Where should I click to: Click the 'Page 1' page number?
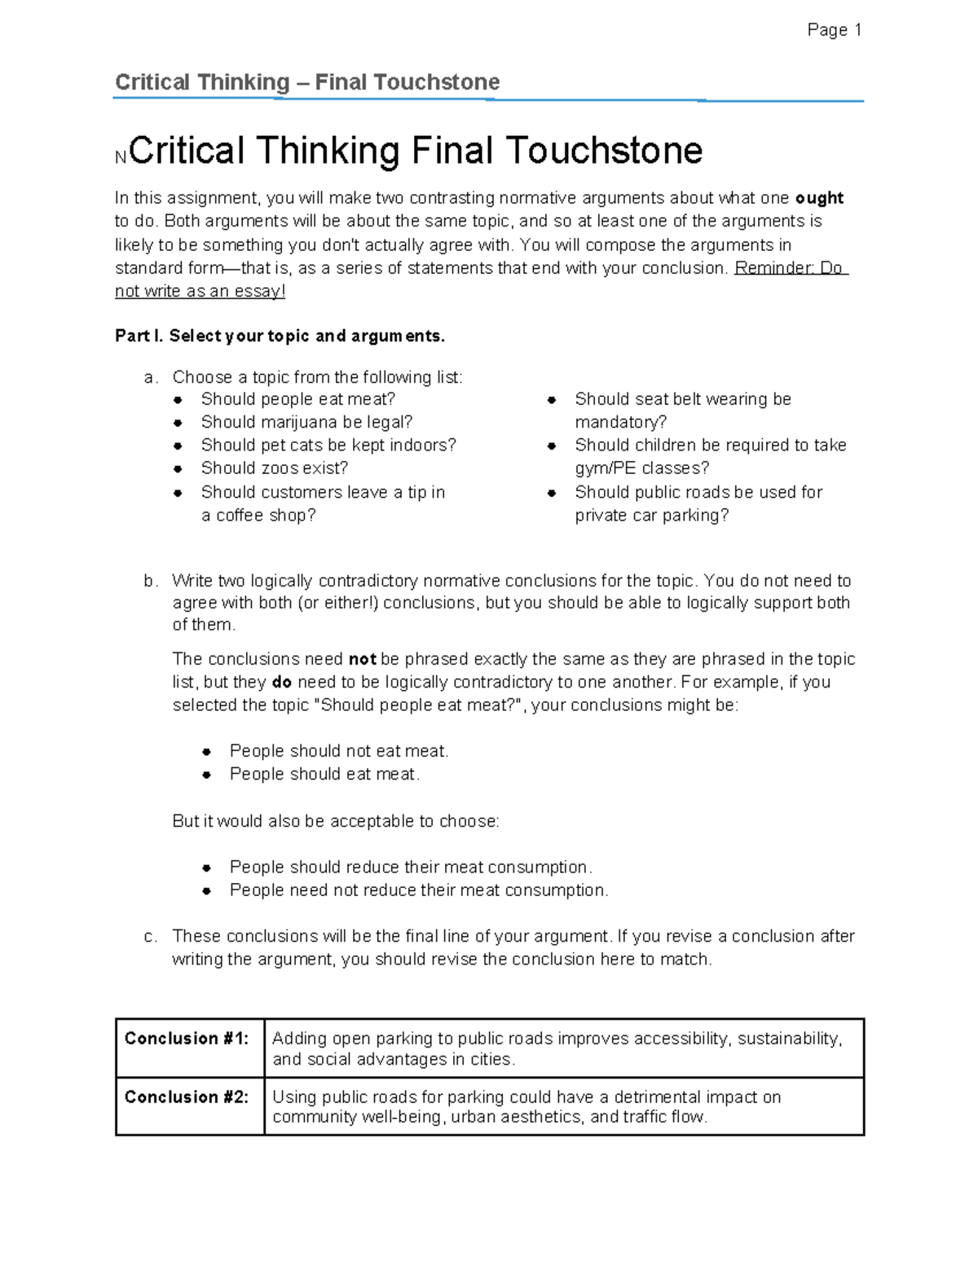(834, 30)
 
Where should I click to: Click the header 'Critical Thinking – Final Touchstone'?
(307, 82)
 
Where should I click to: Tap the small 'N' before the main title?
(121, 158)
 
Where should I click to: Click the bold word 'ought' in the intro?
(819, 198)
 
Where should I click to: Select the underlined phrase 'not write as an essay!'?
(200, 291)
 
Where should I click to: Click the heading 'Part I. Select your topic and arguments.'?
(280, 336)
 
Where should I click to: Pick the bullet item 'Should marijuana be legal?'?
(306, 422)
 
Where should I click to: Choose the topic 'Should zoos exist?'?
(275, 468)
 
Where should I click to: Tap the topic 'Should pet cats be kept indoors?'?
(328, 445)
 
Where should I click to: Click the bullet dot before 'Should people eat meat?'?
(178, 400)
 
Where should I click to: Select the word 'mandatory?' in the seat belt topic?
(620, 422)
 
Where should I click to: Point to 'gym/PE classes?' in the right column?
(641, 468)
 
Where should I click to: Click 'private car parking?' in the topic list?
(651, 515)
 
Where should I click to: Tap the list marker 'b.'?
(151, 581)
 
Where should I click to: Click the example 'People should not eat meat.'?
(339, 751)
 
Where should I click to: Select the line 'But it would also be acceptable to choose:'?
(336, 821)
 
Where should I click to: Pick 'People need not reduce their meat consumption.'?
(419, 890)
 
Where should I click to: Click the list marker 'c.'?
(151, 937)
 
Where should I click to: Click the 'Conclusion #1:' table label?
(186, 1039)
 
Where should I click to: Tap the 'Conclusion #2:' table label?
(186, 1097)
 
